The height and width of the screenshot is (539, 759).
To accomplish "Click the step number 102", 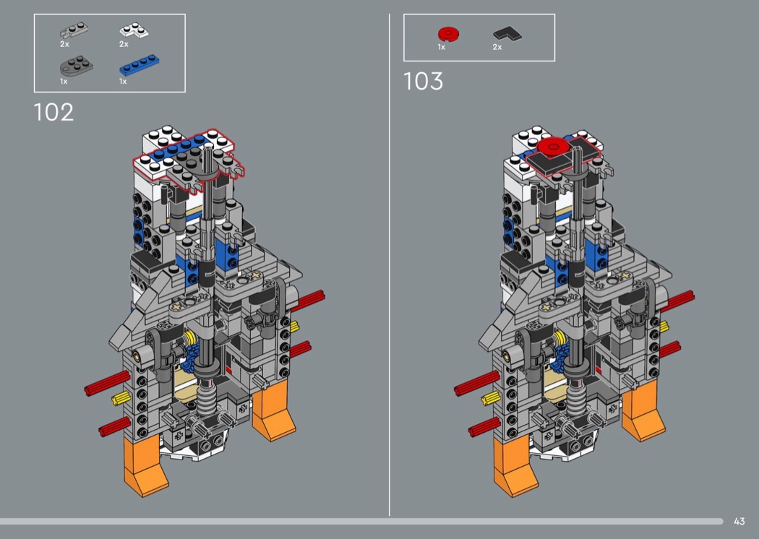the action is [x=53, y=112].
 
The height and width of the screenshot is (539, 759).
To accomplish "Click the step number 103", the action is [x=423, y=82].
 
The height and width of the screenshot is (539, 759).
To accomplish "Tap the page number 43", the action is [x=739, y=521].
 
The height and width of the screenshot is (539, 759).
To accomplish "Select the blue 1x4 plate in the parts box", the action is [x=139, y=65].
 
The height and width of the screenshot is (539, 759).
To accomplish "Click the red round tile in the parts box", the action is [x=449, y=34].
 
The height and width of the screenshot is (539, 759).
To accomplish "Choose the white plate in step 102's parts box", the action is [x=134, y=30].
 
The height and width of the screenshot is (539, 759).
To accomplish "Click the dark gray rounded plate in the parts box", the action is [x=77, y=65].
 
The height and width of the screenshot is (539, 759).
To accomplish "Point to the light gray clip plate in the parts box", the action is [x=74, y=30].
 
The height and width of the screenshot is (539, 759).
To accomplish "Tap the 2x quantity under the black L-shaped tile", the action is [x=497, y=47].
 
